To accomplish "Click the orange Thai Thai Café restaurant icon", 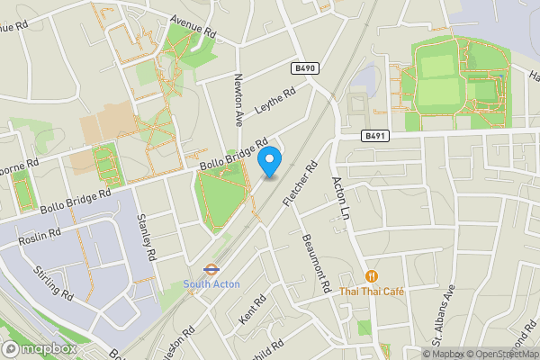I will (371, 276).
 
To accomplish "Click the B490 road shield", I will (304, 68).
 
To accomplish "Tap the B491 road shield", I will (375, 136).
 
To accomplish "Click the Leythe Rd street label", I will (275, 104).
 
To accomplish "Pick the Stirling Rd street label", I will (54, 282).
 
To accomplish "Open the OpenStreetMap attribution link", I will (502, 354).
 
